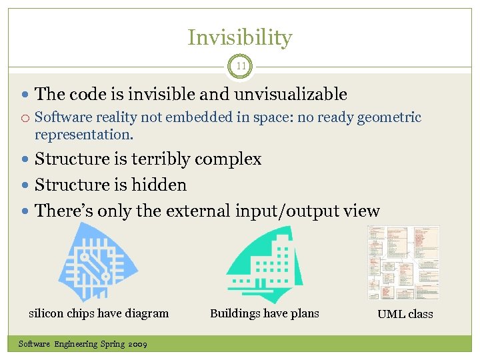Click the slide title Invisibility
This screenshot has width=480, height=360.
coord(239,38)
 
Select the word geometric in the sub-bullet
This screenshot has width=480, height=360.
coord(389,118)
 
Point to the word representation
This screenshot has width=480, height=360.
coord(83,135)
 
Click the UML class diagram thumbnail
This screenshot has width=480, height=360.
coord(403,263)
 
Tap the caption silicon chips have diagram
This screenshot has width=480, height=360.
coord(99,313)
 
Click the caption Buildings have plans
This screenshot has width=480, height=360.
coord(265,313)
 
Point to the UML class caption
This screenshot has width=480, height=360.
coord(405,314)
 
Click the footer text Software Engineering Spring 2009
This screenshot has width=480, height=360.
coord(83,344)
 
